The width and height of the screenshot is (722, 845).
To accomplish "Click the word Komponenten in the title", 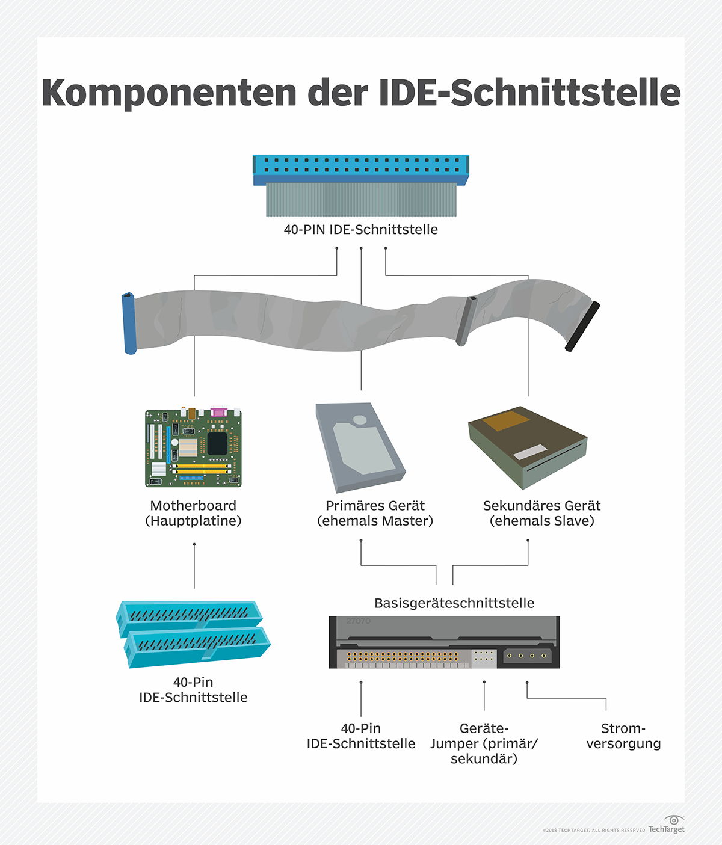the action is (x=168, y=94).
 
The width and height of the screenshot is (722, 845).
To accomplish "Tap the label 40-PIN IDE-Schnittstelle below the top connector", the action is (x=361, y=229).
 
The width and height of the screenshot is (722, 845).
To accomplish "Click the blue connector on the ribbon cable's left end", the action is (x=129, y=324).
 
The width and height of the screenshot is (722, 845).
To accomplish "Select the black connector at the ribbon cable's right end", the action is (x=582, y=326).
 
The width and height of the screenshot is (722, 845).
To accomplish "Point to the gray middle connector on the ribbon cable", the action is (x=466, y=321).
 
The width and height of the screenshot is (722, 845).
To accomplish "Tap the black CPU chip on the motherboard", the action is (x=217, y=444).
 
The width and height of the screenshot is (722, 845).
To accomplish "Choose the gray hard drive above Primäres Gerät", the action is (x=360, y=447).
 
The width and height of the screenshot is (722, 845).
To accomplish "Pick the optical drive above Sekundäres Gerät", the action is (x=528, y=447).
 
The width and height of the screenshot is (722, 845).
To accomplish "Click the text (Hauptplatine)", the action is (x=193, y=521).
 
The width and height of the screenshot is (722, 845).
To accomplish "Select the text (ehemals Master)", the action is (x=375, y=521).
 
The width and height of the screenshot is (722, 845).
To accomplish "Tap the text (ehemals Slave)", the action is (x=542, y=521).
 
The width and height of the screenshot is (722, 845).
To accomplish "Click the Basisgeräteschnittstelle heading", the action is (x=454, y=603).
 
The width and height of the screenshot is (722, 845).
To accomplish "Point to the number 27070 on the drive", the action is (x=358, y=621).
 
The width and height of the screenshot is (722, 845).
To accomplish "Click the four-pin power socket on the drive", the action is (x=527, y=656).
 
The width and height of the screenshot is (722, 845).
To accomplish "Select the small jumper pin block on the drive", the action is (x=484, y=656).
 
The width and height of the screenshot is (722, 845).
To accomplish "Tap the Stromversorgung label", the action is (x=623, y=736).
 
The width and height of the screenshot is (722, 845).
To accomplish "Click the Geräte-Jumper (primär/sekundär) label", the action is (x=484, y=743).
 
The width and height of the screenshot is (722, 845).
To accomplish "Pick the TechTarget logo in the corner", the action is (x=667, y=824).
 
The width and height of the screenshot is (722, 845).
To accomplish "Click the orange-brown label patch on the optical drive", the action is (x=505, y=420).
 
